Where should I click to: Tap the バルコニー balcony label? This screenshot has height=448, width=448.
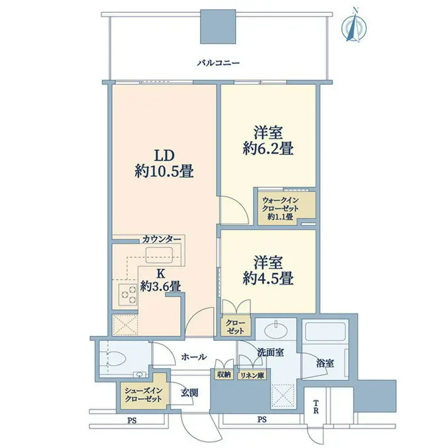(x=218, y=63)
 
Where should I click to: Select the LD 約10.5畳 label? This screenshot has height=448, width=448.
(x=164, y=163)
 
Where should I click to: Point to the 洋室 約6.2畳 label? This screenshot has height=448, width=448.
(x=268, y=141)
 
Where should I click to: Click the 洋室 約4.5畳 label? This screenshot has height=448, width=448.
(x=268, y=270)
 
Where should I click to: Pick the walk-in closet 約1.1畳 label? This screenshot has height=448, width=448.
(x=280, y=208)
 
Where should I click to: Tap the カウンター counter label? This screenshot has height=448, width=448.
(x=162, y=239)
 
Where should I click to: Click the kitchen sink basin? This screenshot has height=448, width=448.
(x=159, y=255)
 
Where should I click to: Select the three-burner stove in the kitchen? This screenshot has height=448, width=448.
(x=128, y=295)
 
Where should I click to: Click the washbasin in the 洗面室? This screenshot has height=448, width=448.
(x=276, y=331)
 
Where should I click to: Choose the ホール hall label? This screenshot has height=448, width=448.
(x=194, y=357)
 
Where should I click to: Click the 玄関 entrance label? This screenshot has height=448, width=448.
(x=189, y=393)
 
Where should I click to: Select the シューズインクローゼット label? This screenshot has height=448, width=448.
(x=143, y=395)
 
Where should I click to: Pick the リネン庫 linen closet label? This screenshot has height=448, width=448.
(x=252, y=375)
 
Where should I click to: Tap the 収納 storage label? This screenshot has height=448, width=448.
(x=224, y=375)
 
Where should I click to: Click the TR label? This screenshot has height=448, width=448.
(x=315, y=407)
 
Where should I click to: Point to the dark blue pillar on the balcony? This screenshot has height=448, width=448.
(x=219, y=27)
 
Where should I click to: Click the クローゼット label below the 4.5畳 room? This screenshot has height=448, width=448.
(x=236, y=327)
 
